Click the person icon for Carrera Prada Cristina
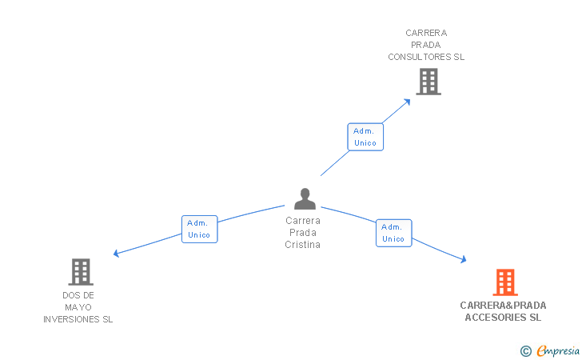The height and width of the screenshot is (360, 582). (x=305, y=198)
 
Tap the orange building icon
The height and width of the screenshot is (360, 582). (x=504, y=282)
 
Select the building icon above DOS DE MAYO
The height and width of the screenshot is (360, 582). (x=81, y=272)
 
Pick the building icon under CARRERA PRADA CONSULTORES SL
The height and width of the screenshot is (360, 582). (x=428, y=81)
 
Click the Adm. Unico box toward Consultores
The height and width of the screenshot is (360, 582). (x=365, y=137)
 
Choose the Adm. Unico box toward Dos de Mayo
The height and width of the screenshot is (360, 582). (x=199, y=229)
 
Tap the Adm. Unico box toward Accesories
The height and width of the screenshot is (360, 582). (x=393, y=233)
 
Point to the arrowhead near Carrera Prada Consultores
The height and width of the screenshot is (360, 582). (x=407, y=101)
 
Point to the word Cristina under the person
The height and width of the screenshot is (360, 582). (x=302, y=245)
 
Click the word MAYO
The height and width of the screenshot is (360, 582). (x=78, y=307)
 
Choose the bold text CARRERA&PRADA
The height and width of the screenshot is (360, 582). (x=503, y=305)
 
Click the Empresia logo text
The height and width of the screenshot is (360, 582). (x=558, y=350)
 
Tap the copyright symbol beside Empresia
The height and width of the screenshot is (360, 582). (x=525, y=350)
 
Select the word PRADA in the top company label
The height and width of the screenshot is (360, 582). (x=425, y=45)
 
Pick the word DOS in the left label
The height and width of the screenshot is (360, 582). (x=70, y=295)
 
